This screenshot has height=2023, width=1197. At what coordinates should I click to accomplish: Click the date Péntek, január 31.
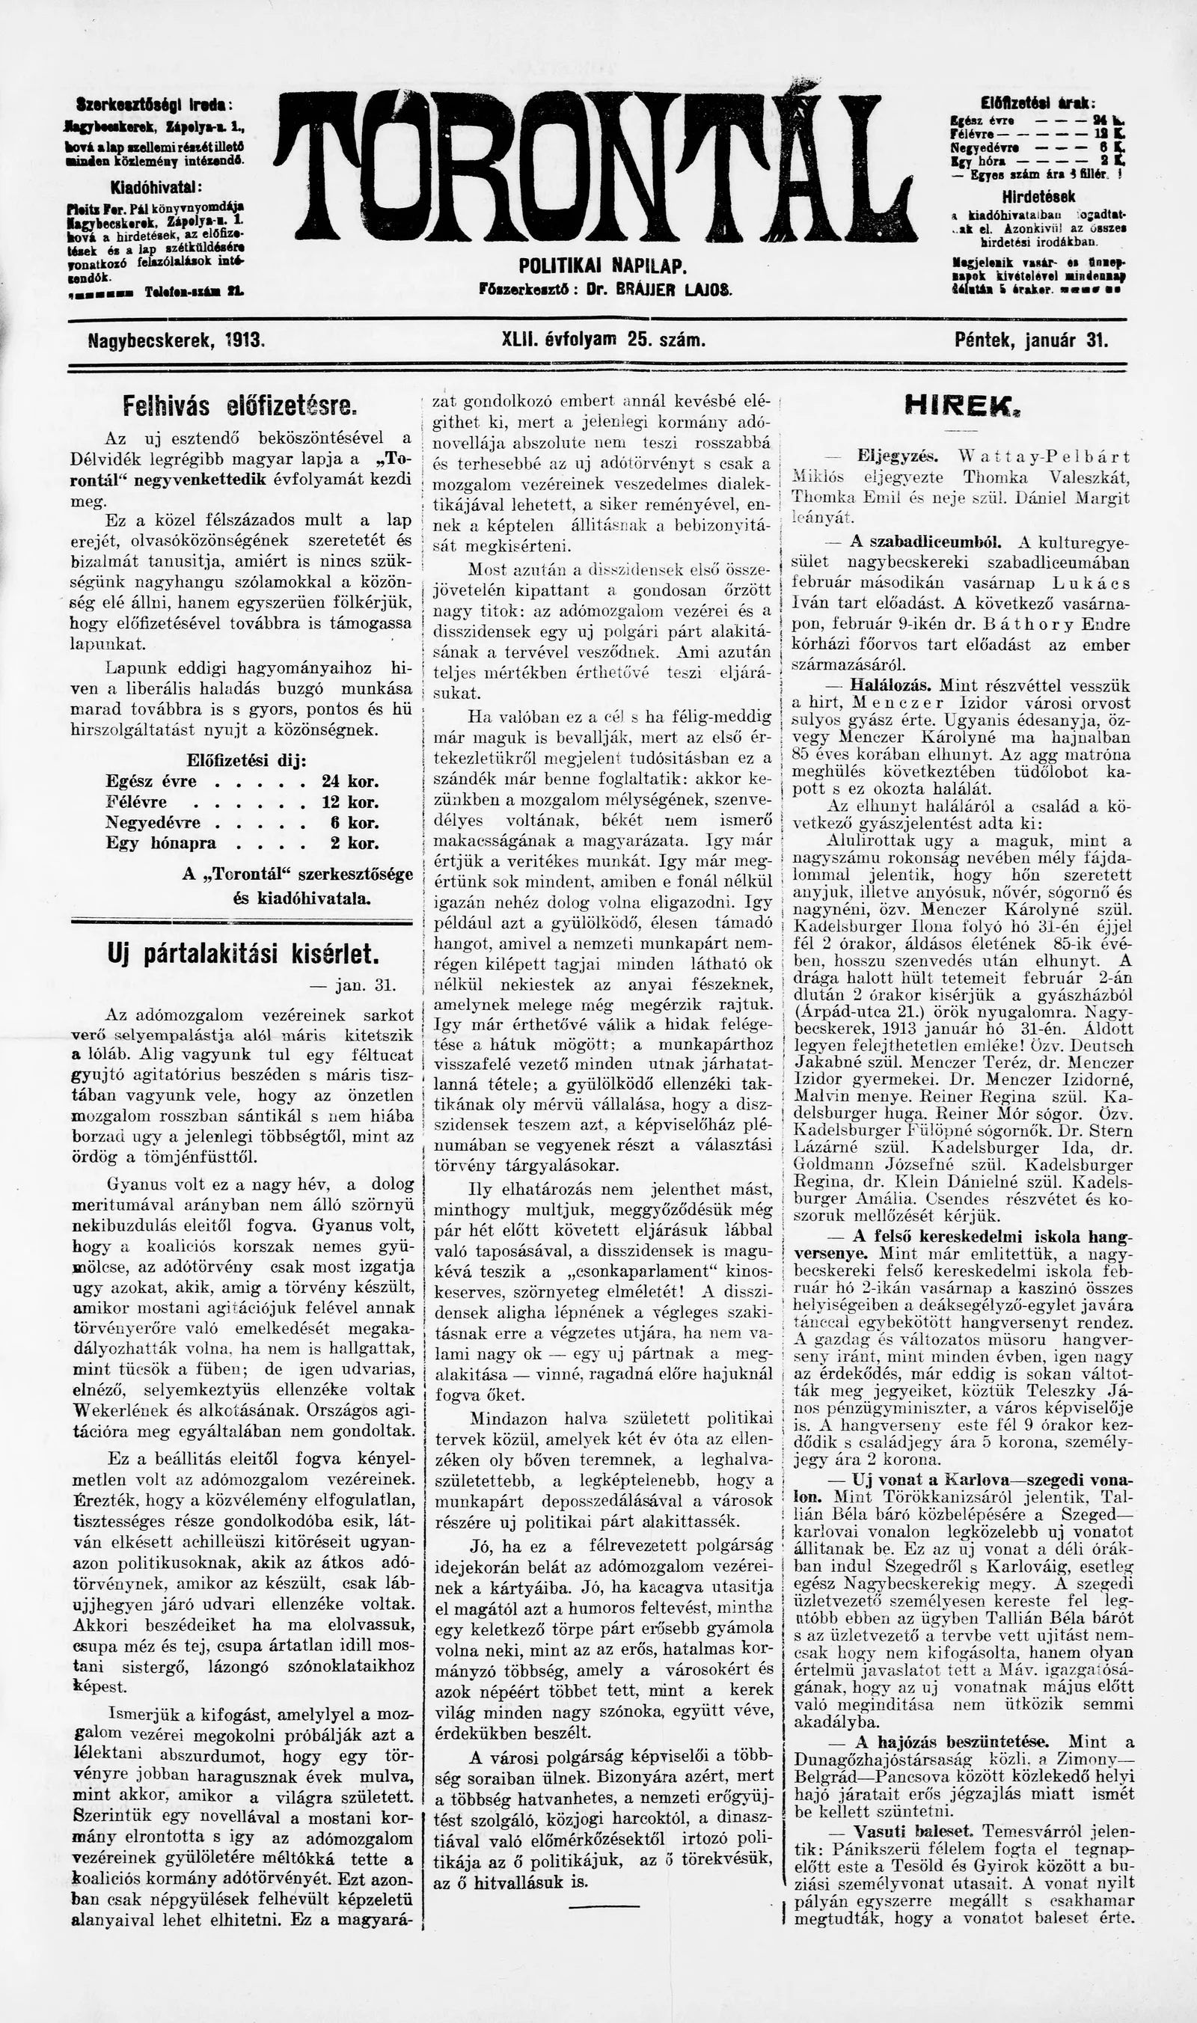point(1031,340)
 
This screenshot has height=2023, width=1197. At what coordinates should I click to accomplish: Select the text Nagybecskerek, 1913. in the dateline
point(177,340)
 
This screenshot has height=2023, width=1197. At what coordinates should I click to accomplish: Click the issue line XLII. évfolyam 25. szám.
point(603,340)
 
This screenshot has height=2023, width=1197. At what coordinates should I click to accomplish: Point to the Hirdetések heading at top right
point(1038,197)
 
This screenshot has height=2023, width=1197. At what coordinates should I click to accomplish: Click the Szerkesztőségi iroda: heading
point(153,105)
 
